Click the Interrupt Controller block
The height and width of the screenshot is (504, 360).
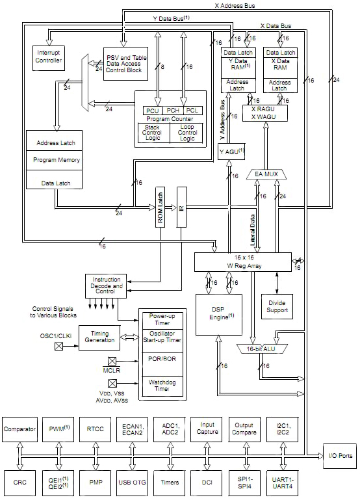click(x=49, y=57)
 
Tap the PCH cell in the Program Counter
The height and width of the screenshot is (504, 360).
click(x=172, y=111)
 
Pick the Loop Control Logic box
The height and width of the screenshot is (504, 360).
click(x=187, y=132)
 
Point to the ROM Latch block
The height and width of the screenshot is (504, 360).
click(x=160, y=207)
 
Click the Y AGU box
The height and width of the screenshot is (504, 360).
click(x=231, y=152)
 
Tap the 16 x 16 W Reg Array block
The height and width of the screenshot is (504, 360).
click(x=243, y=261)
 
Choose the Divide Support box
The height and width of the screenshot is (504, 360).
click(x=278, y=306)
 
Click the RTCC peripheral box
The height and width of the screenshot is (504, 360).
click(x=96, y=429)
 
